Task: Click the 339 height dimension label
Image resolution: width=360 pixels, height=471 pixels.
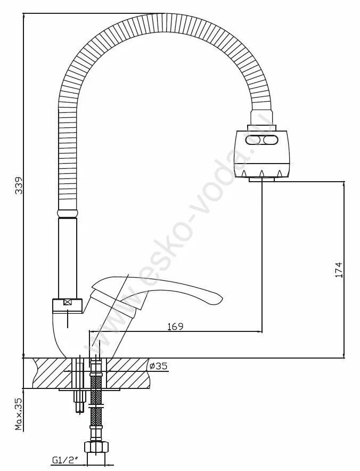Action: pos(19,186)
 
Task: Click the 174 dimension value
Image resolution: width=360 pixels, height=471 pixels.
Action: pos(338,270)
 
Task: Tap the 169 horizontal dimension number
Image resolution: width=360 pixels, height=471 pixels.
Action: pos(175,326)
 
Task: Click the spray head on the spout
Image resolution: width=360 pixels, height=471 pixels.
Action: pos(262,153)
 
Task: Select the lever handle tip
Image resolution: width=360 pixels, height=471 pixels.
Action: pos(220,298)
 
